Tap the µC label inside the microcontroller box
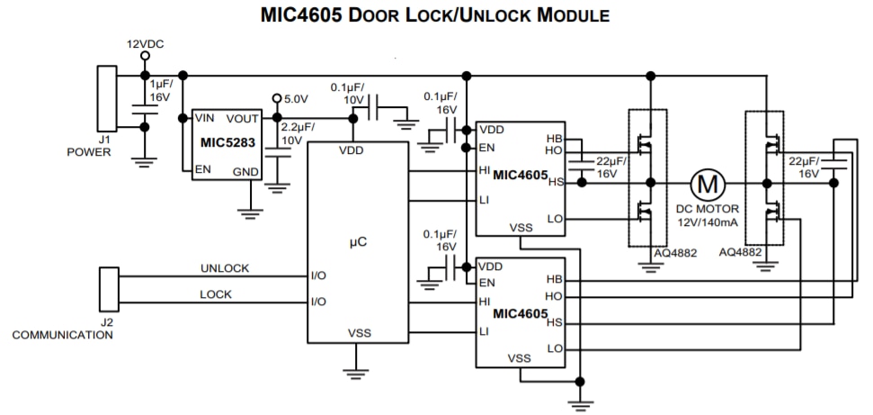point(357,242)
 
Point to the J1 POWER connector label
point(88,145)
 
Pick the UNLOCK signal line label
point(225,268)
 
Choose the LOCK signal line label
point(215,294)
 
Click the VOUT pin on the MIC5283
point(243,118)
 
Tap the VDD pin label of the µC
point(352,150)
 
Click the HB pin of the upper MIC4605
point(554,139)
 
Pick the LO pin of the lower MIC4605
point(554,348)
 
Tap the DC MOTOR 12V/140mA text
point(708,214)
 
